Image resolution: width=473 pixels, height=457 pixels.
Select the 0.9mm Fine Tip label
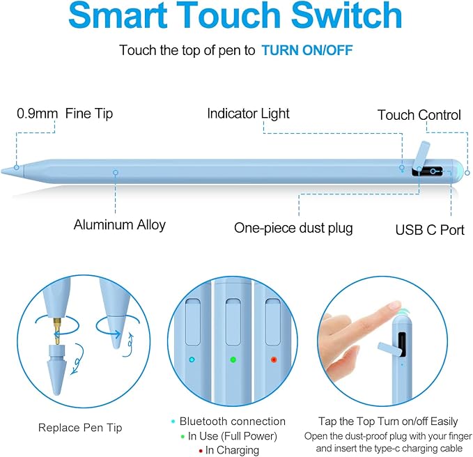[65, 113]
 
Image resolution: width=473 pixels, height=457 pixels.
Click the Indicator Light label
[248, 113]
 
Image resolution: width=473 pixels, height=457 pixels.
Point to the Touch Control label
[419, 115]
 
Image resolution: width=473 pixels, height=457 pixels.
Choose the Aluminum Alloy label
[120, 224]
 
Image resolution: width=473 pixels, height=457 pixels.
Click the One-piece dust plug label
[293, 228]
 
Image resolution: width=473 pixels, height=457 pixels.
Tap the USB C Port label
[430, 229]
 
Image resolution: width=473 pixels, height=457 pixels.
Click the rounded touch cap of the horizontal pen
[457, 171]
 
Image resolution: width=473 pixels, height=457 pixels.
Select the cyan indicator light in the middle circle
[192, 360]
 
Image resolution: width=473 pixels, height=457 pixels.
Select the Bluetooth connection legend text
[232, 421]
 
